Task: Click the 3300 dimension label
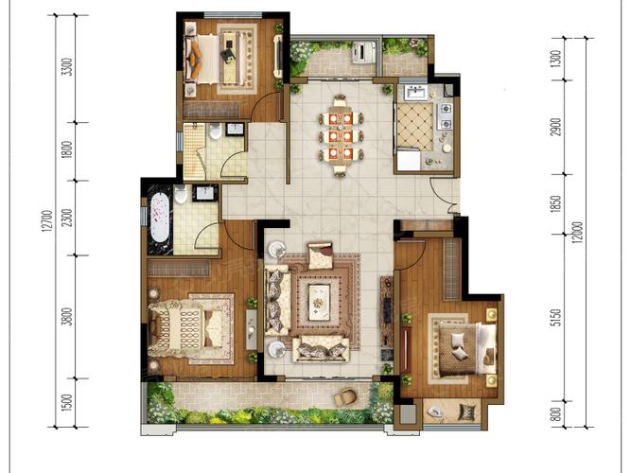67,67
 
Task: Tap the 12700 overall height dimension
47,221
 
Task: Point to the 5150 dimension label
555,318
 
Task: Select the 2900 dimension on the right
555,127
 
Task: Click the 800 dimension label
555,414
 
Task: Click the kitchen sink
414,93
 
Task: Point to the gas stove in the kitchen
446,116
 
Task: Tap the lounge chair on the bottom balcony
345,396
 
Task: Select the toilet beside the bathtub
181,195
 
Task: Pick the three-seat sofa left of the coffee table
277,301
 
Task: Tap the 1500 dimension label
67,402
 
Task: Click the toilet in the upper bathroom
216,131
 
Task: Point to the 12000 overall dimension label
578,234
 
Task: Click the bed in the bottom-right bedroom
466,350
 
